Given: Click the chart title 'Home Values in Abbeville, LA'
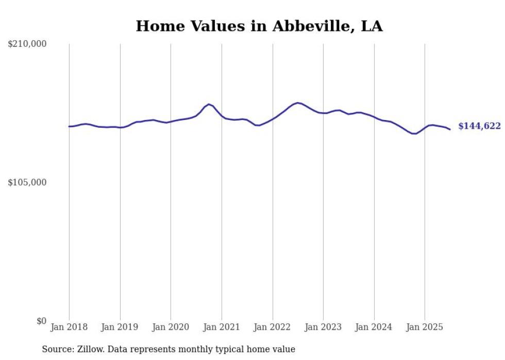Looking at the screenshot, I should [x=259, y=26].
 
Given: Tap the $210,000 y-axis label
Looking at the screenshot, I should [x=27, y=44].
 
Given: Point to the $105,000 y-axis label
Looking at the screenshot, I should [x=27, y=182].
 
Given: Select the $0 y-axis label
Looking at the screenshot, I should [x=41, y=321].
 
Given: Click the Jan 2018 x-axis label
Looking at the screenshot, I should [x=69, y=327].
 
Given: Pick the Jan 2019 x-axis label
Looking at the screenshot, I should [x=120, y=327].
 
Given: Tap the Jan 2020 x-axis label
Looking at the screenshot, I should [x=171, y=327].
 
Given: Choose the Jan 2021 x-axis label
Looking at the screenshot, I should [x=222, y=327].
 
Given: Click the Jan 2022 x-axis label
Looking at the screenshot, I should [x=273, y=327].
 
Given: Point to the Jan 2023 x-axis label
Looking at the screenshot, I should [x=323, y=327].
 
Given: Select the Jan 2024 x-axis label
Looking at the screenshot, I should [x=374, y=327].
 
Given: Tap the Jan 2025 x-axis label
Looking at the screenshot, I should [x=425, y=327].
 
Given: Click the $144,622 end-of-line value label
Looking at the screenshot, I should [x=479, y=126].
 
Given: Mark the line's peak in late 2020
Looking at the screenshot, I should [x=209, y=104].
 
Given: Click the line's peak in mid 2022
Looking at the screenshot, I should [x=297, y=102].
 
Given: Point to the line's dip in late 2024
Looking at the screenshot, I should [x=414, y=133].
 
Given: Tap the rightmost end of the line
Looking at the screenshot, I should [x=450, y=129].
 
